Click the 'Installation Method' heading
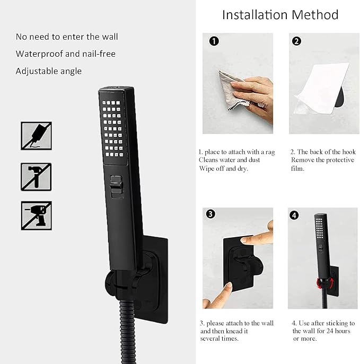[x=280, y=14]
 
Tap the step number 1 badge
[x=213, y=41]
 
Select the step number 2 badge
[x=297, y=41]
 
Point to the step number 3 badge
[x=210, y=214]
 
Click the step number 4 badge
[x=295, y=215]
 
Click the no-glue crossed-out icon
[x=36, y=136]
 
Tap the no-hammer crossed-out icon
[x=36, y=176]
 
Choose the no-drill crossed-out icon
[x=36, y=215]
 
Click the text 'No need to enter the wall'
[x=67, y=37]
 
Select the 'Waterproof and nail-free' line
[x=65, y=54]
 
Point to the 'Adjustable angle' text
[x=49, y=71]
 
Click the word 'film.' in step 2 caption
[x=297, y=169]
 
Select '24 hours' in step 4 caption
[x=339, y=331]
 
